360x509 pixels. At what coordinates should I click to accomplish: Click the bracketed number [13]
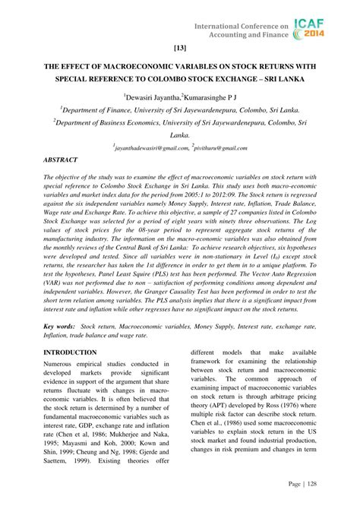click(179, 48)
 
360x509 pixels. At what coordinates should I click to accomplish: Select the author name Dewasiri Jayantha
click(149, 97)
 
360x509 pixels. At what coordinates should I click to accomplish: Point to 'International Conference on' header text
click(242, 26)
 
